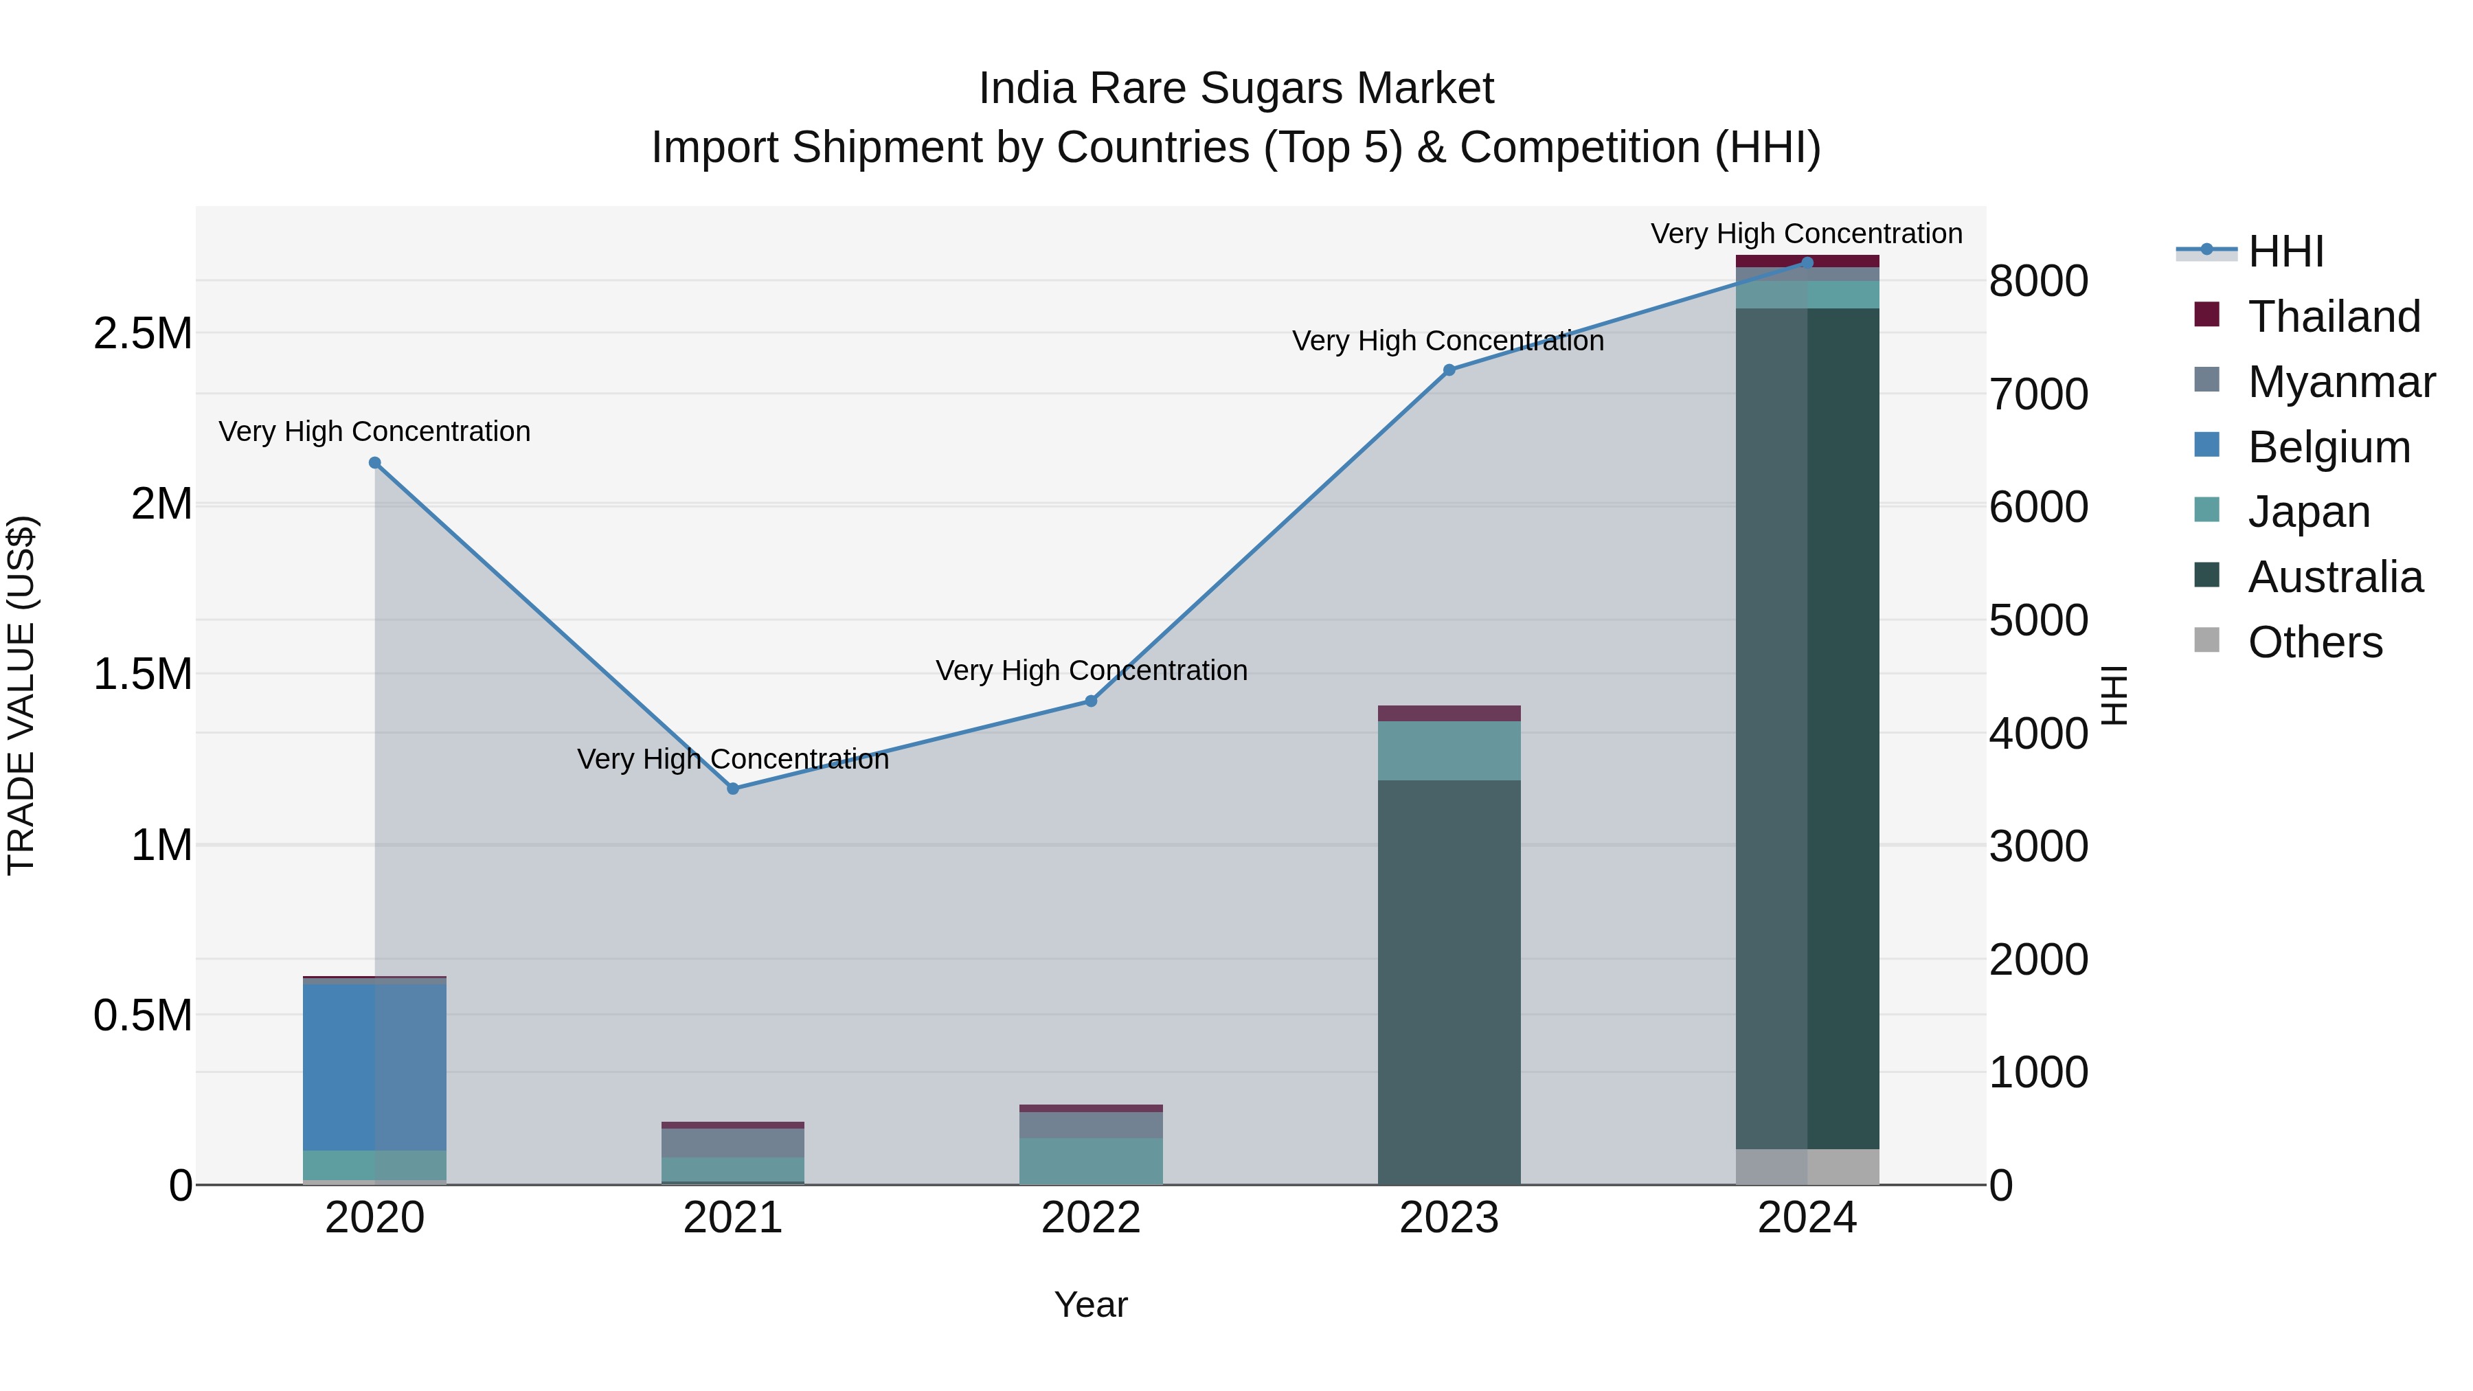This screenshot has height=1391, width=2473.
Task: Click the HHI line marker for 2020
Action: coord(374,463)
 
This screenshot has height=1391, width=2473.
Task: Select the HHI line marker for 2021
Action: coord(732,788)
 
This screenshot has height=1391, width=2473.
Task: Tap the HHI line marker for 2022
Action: coord(1091,701)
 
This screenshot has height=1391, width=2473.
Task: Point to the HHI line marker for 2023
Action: coord(1449,370)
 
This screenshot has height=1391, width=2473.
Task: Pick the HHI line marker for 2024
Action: coord(1807,262)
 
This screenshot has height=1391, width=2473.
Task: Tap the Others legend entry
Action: coord(2314,642)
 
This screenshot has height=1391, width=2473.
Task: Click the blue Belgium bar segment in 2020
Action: coord(374,1065)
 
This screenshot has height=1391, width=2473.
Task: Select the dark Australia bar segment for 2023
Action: coord(1449,979)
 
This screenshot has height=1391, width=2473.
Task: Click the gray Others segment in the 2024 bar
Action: coord(1807,1166)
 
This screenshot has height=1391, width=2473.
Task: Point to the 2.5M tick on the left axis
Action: coord(142,334)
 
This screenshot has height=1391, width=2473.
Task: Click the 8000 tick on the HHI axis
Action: coord(2038,281)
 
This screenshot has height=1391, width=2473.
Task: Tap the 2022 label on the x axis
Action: coord(1091,1218)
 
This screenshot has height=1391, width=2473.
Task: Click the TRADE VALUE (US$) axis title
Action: coord(21,695)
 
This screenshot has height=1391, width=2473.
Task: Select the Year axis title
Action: coord(1091,1304)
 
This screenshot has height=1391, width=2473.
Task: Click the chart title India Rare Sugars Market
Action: coord(1236,89)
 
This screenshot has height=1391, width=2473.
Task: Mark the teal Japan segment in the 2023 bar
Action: coord(1449,751)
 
